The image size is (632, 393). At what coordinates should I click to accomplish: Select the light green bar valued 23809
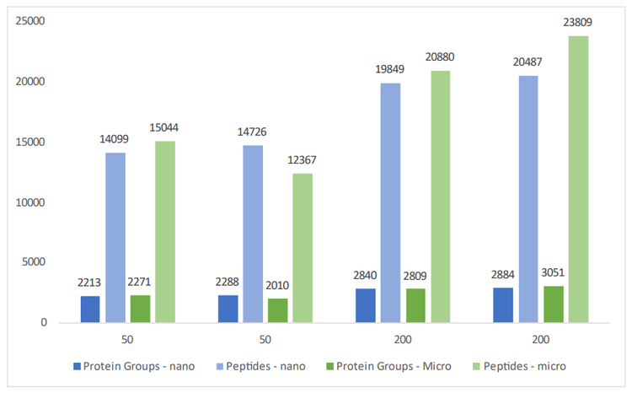[x=578, y=179]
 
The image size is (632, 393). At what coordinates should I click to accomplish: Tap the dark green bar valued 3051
[x=553, y=304]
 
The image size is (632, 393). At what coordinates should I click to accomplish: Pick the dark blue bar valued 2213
[x=90, y=309]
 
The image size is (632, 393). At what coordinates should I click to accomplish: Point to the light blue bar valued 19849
[x=390, y=202]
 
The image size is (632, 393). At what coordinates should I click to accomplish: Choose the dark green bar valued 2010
[x=278, y=310]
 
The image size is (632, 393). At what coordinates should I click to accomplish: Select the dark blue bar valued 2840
[x=365, y=305]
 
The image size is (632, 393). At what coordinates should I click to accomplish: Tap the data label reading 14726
[x=253, y=132]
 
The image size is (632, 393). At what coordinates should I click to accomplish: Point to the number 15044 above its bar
[x=165, y=128]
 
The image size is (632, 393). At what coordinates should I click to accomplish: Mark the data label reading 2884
[x=502, y=275]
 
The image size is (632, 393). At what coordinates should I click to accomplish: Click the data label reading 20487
[x=528, y=62]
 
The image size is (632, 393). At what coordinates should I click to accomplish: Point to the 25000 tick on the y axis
[x=30, y=22]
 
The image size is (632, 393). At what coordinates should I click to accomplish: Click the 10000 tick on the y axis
[x=30, y=202]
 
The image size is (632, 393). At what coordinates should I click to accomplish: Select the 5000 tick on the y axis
[x=34, y=262]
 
